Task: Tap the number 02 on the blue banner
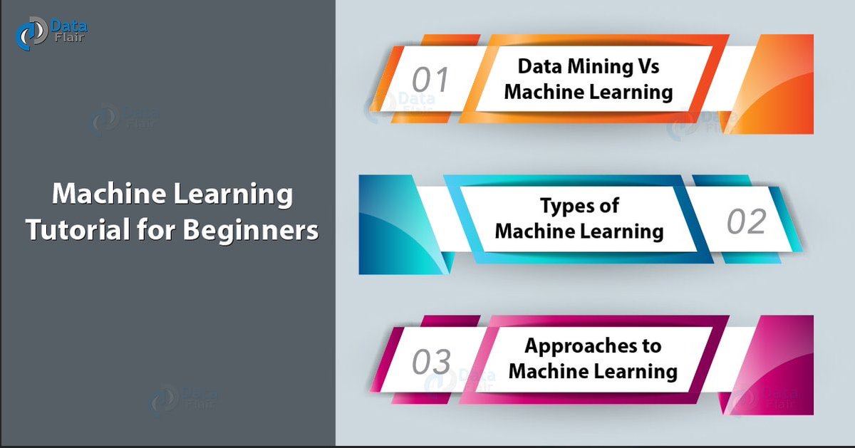click(746, 222)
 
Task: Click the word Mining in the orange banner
click(596, 67)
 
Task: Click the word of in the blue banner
click(610, 207)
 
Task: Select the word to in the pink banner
click(652, 346)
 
